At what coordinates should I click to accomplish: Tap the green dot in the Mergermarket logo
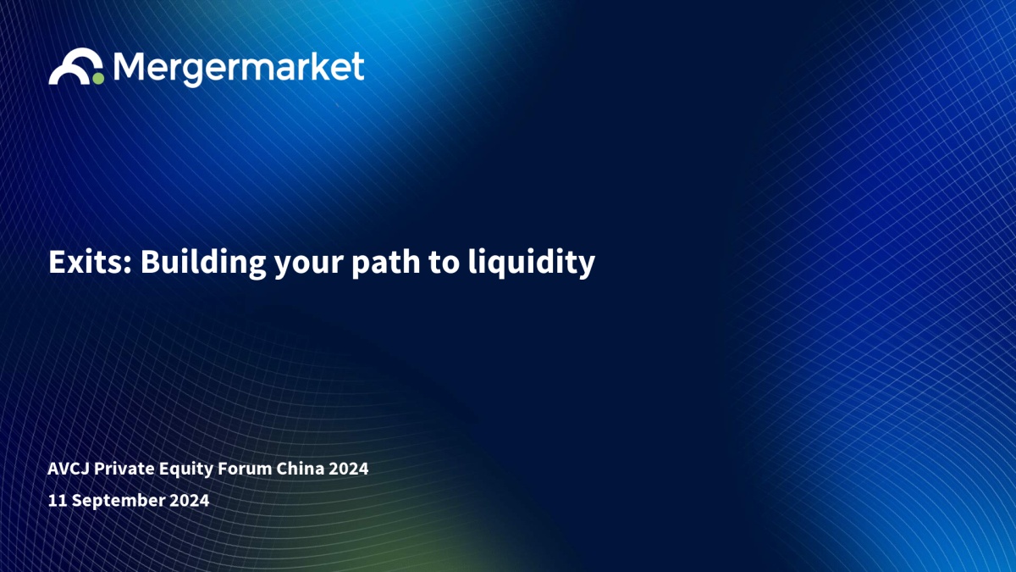(x=98, y=78)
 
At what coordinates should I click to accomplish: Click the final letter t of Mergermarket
(x=357, y=66)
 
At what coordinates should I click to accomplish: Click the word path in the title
(x=385, y=264)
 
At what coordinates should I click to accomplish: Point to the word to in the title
(x=444, y=264)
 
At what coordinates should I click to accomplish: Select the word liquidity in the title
(x=532, y=264)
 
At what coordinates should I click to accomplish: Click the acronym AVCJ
(x=69, y=469)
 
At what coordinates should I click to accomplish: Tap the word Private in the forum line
(x=124, y=469)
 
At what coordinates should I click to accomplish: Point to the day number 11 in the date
(x=58, y=500)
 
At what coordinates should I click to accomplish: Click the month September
(x=119, y=501)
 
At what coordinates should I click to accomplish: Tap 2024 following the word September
(x=189, y=500)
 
